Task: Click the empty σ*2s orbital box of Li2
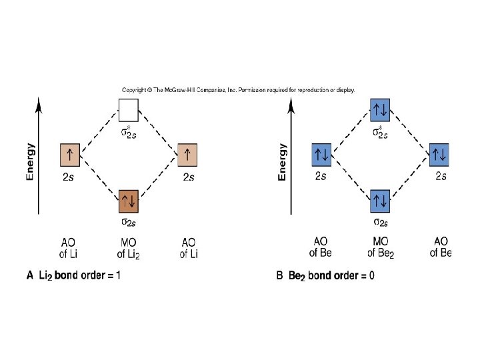coord(128,109)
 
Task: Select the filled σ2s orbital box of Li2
coord(128,199)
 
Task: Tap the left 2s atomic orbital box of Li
coord(70,155)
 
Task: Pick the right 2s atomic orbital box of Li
coord(189,155)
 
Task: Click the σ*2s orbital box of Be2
coord(380,109)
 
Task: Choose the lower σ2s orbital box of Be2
coord(380,199)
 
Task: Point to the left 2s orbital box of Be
coord(321,155)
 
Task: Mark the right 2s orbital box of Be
coord(440,155)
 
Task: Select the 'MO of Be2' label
coord(381,248)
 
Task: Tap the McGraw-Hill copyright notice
coord(238,89)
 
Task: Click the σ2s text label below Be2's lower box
coord(381,222)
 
